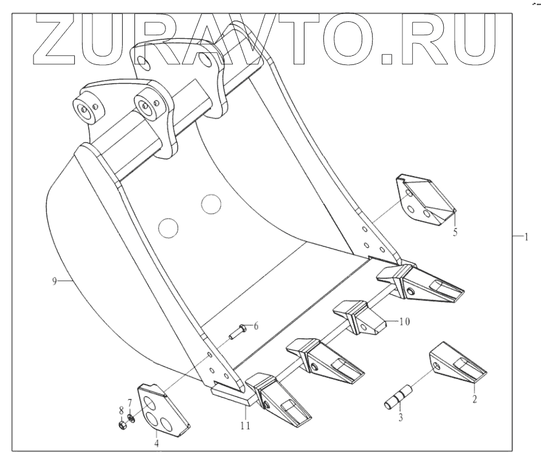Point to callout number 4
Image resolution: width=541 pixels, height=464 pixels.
tap(157, 443)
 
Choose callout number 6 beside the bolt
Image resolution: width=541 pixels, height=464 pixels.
tap(256, 326)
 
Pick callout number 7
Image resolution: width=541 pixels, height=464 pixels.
tap(129, 401)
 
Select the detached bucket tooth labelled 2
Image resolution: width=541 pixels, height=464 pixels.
tap(457, 364)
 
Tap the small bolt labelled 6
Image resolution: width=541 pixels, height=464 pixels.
tap(236, 331)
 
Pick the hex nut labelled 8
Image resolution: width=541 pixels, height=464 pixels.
tap(122, 421)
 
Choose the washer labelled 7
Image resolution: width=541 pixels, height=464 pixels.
tap(131, 417)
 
